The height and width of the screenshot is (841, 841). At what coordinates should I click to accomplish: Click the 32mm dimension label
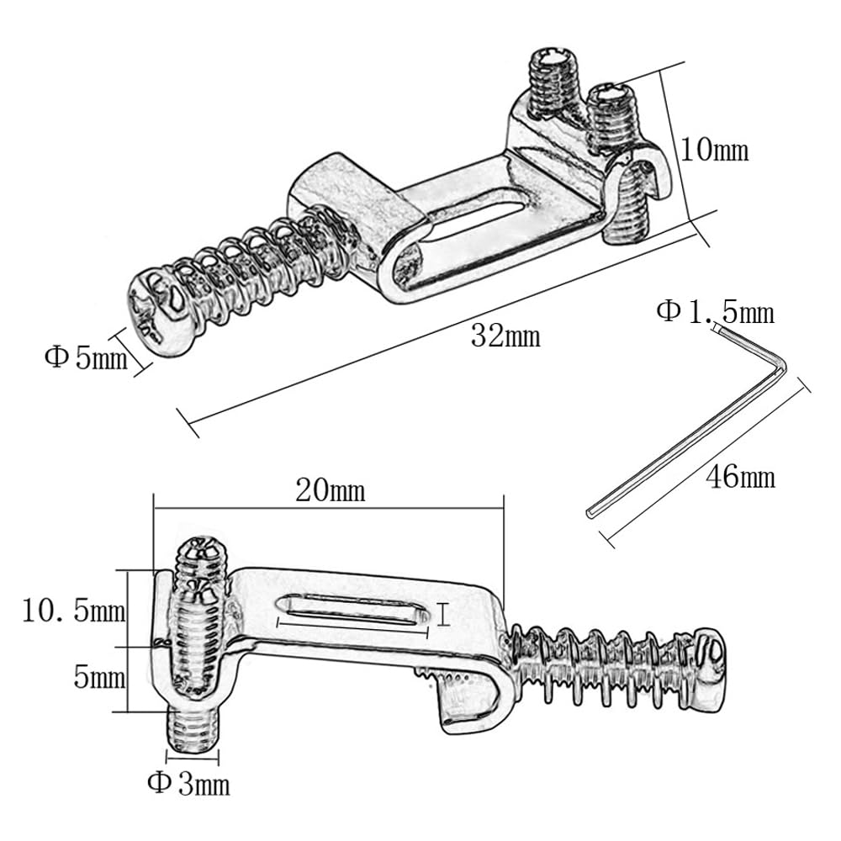505,337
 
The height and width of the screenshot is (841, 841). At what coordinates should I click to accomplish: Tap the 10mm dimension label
714,149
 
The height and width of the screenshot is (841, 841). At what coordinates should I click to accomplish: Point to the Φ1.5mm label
716,312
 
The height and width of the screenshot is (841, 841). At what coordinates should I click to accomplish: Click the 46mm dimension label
740,477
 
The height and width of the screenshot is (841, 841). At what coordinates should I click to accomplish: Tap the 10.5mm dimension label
74,611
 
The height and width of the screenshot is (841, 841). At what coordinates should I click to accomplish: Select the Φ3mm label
188,784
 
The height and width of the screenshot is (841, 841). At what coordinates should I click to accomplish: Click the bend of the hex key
781,367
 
